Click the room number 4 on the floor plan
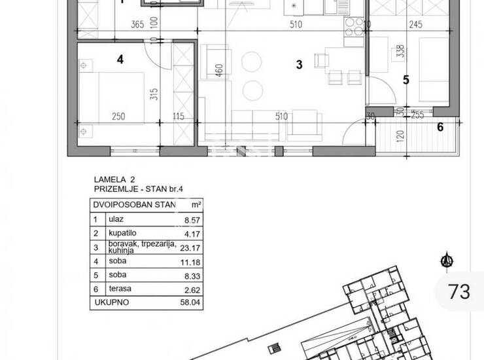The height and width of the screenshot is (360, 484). point(120,60)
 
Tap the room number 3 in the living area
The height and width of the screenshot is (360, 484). point(299,65)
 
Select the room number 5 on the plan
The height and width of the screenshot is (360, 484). point(406,80)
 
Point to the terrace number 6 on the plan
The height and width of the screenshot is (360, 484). point(440,127)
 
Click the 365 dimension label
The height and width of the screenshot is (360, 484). point(137,24)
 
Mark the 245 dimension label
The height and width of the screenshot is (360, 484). point(415,24)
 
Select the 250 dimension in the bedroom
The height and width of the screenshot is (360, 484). point(118,117)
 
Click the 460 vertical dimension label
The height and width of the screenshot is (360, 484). point(219,71)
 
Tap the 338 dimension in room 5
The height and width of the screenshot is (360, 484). point(400,51)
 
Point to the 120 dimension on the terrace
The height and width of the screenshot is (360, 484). point(400,136)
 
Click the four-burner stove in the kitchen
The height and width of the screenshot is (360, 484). point(354,27)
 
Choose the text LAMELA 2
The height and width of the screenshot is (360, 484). point(114,179)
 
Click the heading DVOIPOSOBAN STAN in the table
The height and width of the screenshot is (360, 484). point(134,205)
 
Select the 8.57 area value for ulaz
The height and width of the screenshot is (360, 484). point(192,220)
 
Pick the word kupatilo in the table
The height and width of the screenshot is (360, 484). point(122,233)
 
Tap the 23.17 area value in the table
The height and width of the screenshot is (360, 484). point(190,248)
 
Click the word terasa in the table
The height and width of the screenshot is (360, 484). point(120,289)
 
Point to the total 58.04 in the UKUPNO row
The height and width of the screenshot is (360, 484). point(190,302)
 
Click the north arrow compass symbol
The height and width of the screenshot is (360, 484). point(447,261)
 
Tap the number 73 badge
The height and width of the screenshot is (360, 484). point(459,291)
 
